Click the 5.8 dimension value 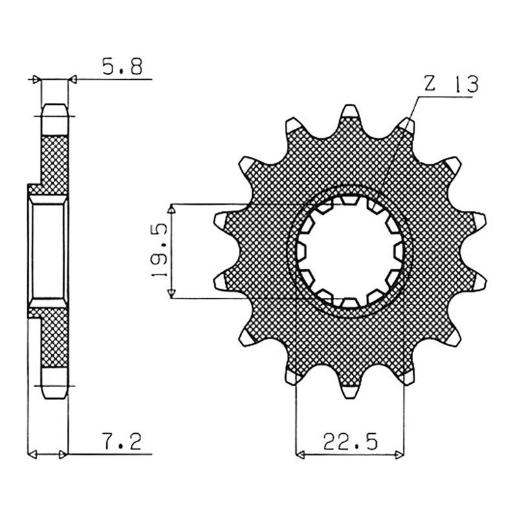tap(122, 67)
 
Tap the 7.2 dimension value tap(122, 442)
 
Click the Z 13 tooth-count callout tap(451, 85)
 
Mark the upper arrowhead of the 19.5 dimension tap(171, 208)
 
